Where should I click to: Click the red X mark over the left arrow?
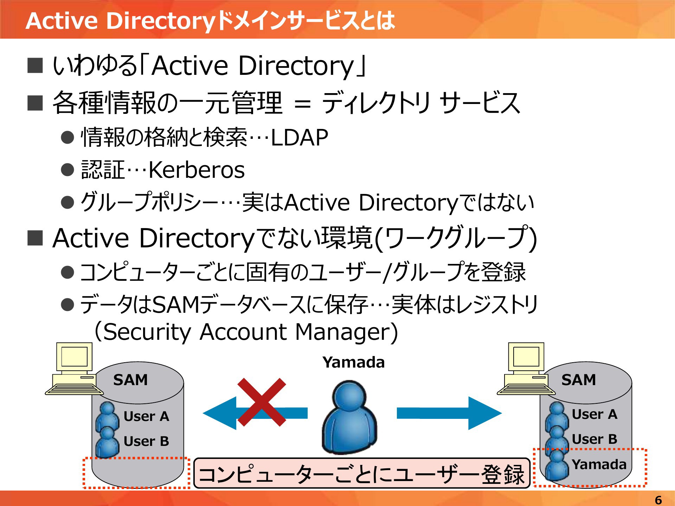262,402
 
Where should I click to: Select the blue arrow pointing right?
449,413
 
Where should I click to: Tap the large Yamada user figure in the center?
349,417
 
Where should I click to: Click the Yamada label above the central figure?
354,362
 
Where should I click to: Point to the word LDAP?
300,137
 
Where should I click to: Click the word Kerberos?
197,170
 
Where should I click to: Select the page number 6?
658,500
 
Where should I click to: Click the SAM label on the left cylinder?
130,380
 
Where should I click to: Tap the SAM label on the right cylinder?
579,380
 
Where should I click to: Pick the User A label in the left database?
147,416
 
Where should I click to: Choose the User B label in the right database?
594,439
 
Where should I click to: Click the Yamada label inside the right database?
599,465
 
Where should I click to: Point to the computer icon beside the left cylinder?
74,369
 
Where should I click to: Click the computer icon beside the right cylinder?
526,369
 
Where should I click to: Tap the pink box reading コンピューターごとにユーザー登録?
362,473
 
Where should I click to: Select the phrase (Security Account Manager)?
246,332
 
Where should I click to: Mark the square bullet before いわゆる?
35,65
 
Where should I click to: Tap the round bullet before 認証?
67,170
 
